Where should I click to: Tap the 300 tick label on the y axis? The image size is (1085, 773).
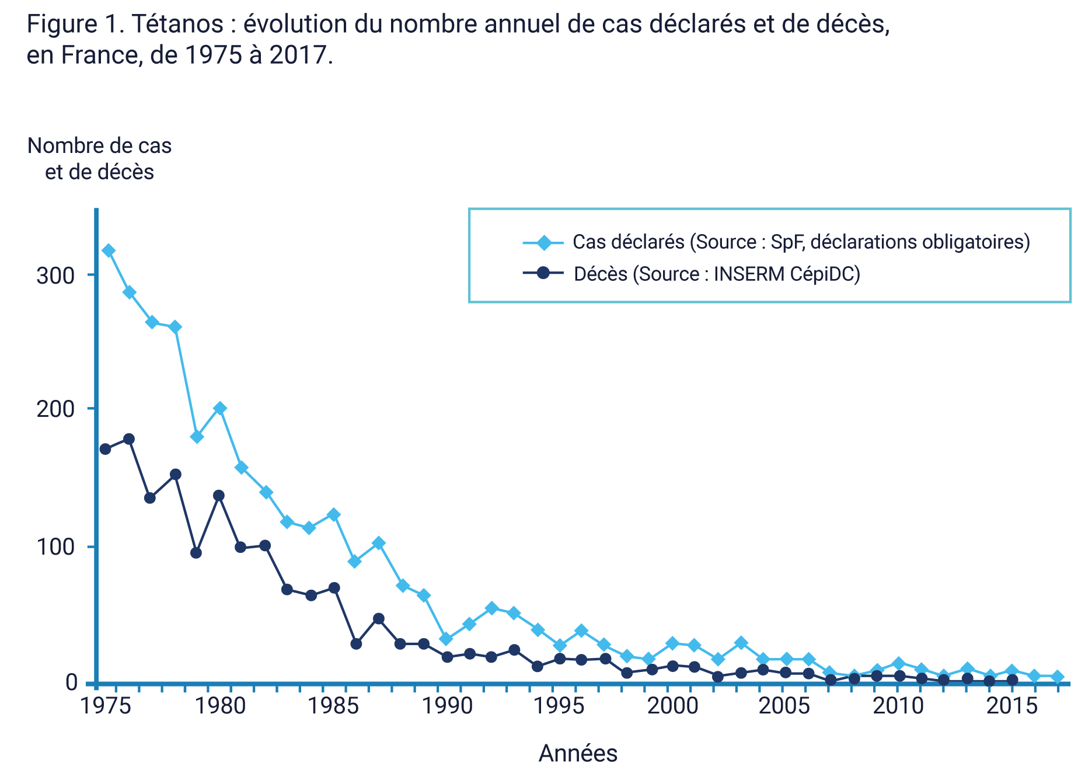point(55,275)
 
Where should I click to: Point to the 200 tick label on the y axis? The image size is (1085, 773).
point(55,409)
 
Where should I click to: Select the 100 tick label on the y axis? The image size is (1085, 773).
point(55,547)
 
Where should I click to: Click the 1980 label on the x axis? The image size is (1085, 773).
point(220,706)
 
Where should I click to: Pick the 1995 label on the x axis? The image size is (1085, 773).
point(560,706)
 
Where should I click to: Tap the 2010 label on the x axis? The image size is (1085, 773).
point(898,706)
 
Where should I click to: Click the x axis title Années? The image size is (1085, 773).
point(578,753)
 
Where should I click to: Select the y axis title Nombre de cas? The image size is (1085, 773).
point(99,146)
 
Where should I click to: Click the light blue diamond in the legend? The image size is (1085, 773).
point(543,242)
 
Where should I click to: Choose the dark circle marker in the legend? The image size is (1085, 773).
point(543,273)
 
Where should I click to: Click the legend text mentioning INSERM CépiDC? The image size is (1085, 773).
point(717,274)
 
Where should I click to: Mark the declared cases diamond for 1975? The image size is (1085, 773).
point(109,251)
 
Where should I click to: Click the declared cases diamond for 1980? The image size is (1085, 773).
point(220,408)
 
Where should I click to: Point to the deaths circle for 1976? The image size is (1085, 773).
point(129,439)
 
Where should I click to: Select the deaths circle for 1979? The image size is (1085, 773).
point(196,552)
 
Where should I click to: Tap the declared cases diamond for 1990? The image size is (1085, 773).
point(446,639)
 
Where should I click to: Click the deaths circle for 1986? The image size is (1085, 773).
point(356,643)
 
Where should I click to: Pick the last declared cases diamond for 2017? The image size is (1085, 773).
point(1057,677)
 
